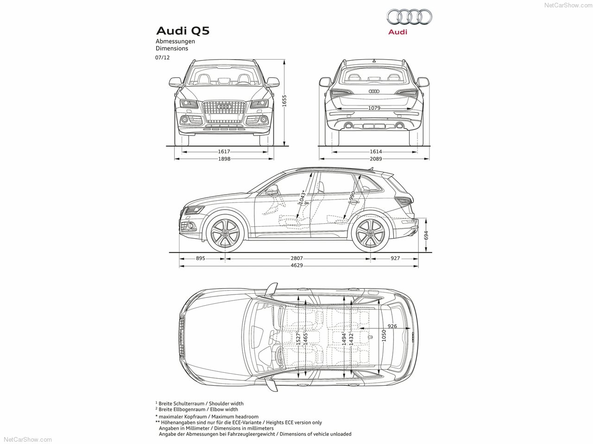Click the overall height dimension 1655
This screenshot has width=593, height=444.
284,100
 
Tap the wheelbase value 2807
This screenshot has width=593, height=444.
296,258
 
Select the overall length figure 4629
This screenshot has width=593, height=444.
296,265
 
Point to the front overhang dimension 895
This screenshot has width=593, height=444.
201,258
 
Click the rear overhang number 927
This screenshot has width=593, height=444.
395,258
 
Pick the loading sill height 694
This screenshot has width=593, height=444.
426,235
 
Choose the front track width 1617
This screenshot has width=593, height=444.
224,152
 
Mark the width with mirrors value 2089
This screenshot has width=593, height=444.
376,159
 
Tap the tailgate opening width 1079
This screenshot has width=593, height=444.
374,108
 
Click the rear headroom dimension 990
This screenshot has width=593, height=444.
352,196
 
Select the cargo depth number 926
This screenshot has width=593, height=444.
392,326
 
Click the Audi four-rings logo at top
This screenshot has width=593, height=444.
409,17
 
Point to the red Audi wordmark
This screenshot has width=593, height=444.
397,32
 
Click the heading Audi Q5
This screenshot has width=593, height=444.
183,31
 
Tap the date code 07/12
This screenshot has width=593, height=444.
162,58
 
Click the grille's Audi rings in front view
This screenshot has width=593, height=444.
224,107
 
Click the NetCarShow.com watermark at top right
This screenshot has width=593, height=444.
568,5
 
